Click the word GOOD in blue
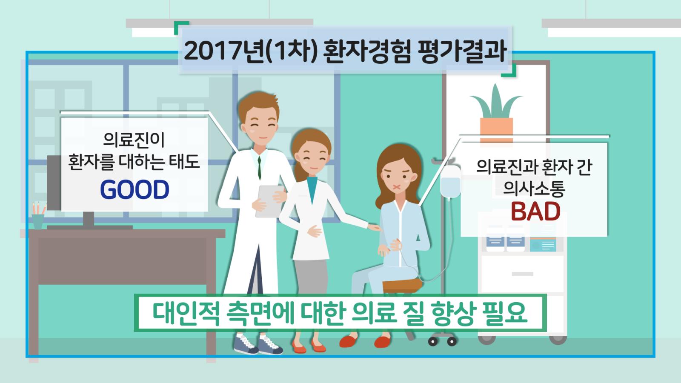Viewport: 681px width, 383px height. [134, 190]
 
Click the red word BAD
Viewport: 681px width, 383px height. [535, 212]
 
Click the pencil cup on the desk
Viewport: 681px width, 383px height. [38, 221]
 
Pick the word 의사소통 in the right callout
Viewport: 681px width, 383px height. [534, 189]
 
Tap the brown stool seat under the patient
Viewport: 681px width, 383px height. [402, 286]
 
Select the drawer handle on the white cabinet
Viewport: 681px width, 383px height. [522, 274]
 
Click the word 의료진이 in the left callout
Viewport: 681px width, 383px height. [134, 140]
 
